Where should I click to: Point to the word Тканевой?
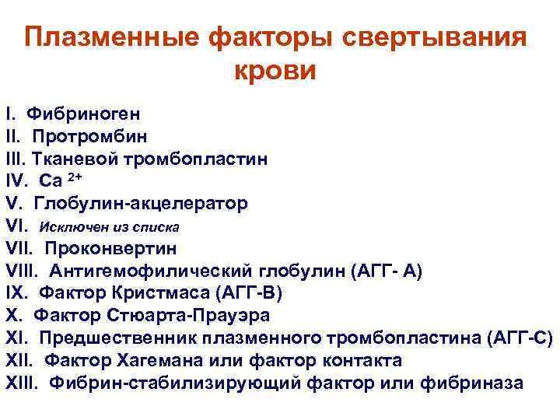point(74,159)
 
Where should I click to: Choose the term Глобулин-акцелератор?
point(142,204)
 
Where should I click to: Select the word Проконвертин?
point(110,249)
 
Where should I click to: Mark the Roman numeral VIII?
point(23,271)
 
